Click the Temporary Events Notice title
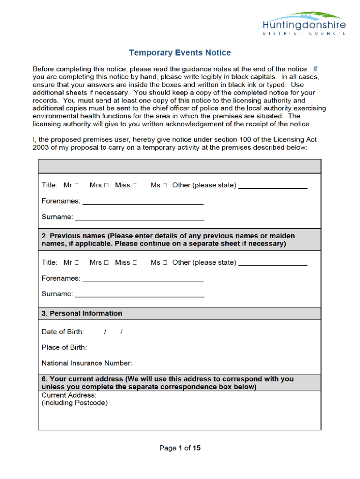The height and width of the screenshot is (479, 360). click(x=180, y=53)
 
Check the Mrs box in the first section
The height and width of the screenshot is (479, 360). click(x=106, y=185)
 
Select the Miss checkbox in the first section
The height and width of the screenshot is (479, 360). click(x=135, y=185)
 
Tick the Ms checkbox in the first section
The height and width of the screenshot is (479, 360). click(x=165, y=185)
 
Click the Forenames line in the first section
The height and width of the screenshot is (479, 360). click(x=143, y=203)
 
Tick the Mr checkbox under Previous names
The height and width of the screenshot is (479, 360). click(x=77, y=263)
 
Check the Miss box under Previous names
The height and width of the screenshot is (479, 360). click(x=135, y=263)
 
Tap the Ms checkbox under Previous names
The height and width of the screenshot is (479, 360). click(x=165, y=263)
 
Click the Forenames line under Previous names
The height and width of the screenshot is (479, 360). click(x=143, y=280)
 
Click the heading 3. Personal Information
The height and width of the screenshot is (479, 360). click(x=82, y=313)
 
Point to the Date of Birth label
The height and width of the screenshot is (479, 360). click(x=63, y=332)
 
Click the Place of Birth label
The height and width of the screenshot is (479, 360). click(x=64, y=347)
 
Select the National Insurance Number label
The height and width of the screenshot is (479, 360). click(x=87, y=363)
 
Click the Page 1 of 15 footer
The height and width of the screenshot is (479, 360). click(x=180, y=448)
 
